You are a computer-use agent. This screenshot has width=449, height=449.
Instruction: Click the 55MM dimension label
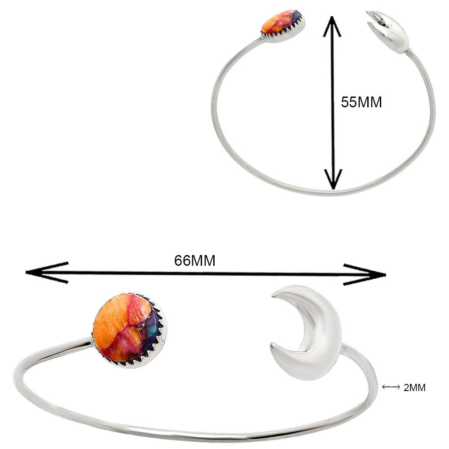pyautogui.click(x=361, y=102)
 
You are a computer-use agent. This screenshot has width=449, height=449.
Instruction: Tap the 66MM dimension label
pyautogui.click(x=195, y=260)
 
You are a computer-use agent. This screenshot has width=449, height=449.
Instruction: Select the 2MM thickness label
pyautogui.click(x=414, y=387)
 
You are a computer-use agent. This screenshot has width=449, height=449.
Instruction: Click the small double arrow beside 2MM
pyautogui.click(x=391, y=387)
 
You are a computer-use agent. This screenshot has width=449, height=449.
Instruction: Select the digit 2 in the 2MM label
pyautogui.click(x=406, y=387)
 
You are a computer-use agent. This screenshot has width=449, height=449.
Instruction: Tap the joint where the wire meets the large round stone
pyautogui.click(x=91, y=341)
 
